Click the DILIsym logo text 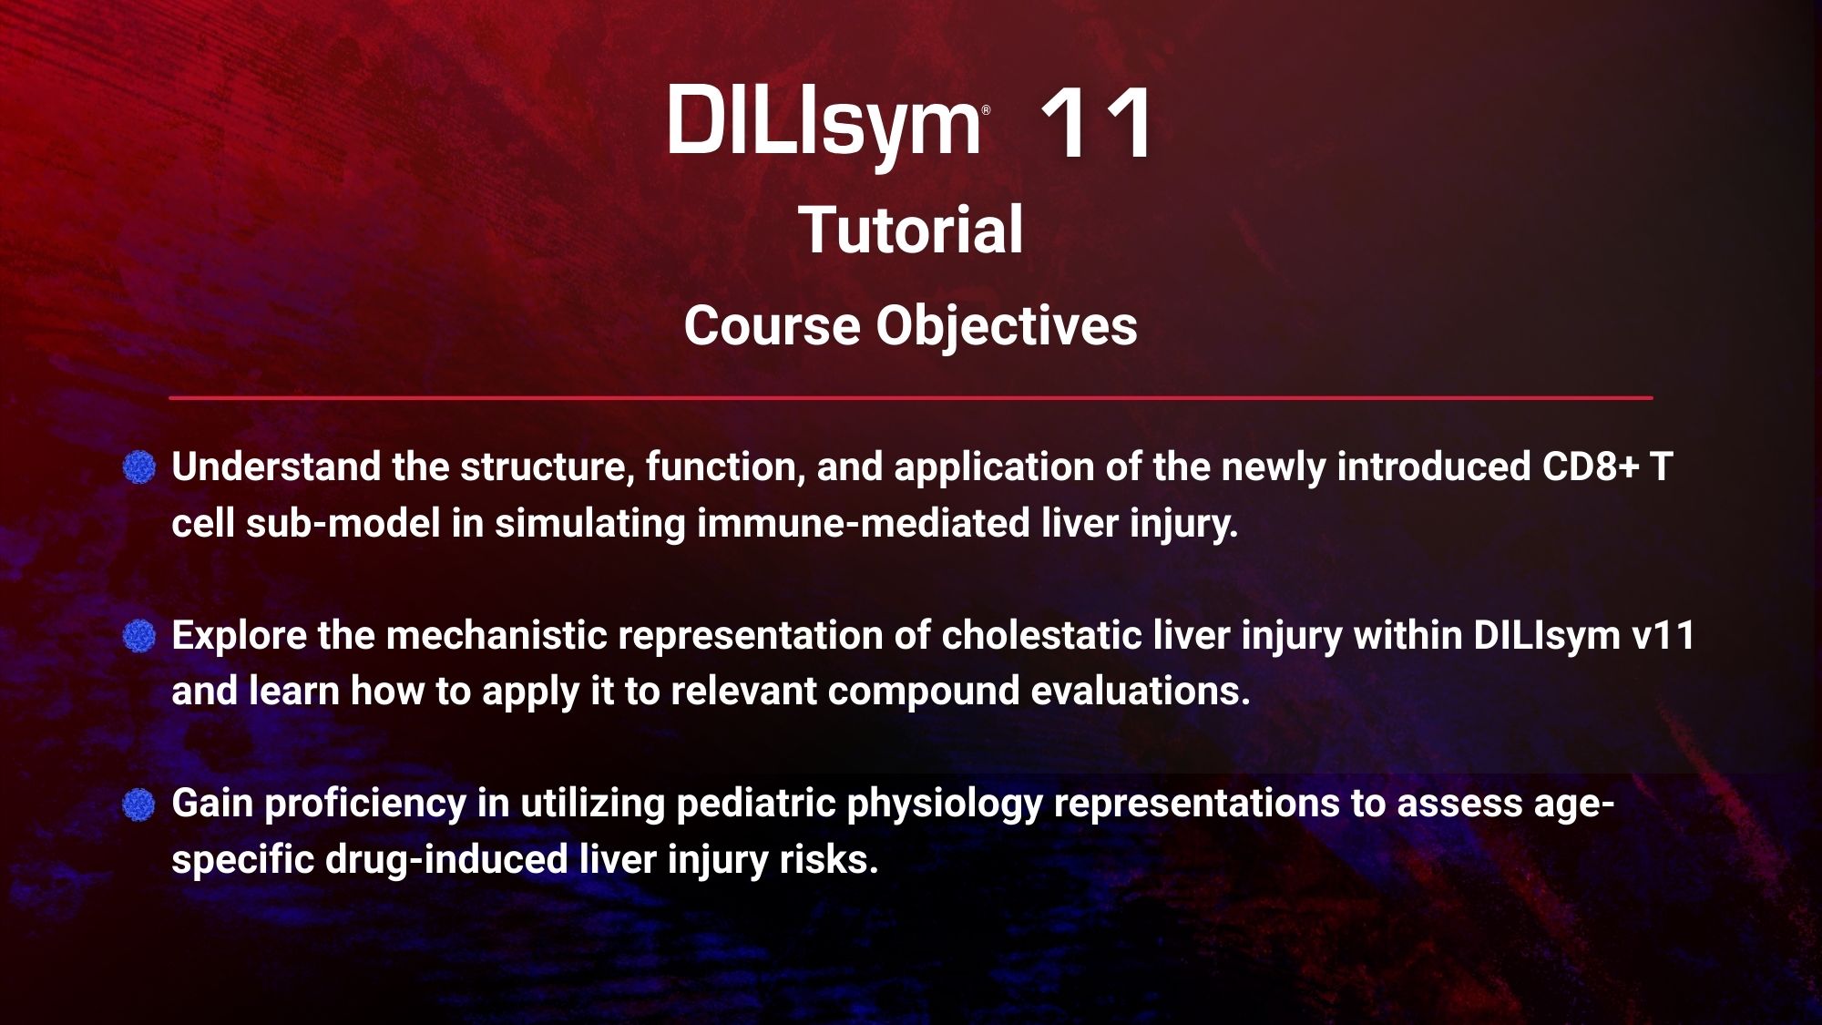(x=824, y=123)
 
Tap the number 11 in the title (x=1095, y=124)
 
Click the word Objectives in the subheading (x=1007, y=326)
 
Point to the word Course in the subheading (x=773, y=325)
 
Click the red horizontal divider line (x=911, y=398)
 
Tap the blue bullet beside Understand (x=139, y=467)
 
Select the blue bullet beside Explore (x=139, y=636)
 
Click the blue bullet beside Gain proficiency (x=139, y=805)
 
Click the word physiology (x=945, y=805)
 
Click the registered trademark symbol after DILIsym (x=986, y=110)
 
